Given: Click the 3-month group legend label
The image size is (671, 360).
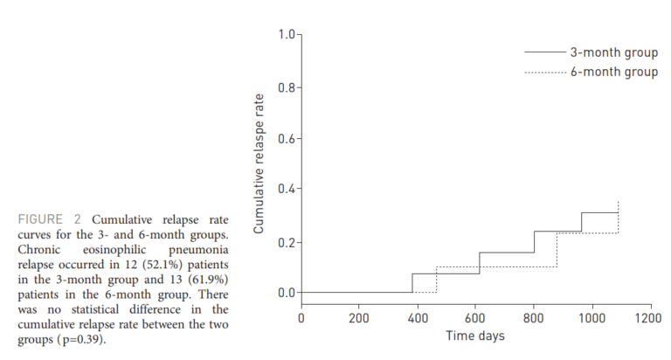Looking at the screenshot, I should coord(614,52).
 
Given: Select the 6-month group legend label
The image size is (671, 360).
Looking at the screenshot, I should coord(614,73).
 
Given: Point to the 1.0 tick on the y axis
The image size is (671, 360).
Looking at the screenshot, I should coord(286,35).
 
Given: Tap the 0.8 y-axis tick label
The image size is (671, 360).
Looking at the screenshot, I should coord(286,87).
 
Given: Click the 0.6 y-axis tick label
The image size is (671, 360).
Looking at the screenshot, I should coord(286,139).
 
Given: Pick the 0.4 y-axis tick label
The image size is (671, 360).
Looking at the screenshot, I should coord(286,190).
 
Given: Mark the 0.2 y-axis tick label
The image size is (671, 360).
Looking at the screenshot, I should coord(286,242).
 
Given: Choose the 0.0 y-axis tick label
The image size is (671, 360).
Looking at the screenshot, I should coord(286,293).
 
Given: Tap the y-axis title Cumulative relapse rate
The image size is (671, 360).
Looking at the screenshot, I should coord(259,165).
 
